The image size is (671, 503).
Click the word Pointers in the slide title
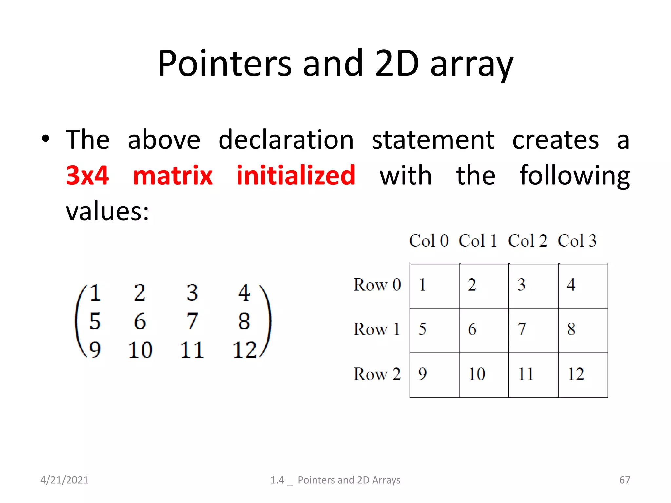tap(224, 64)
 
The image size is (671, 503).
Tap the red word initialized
tap(296, 176)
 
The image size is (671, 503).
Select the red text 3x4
tap(87, 176)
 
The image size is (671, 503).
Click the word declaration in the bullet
tap(286, 140)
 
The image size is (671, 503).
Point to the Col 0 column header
tap(429, 241)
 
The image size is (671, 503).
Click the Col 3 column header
tap(577, 241)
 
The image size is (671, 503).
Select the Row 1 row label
tap(377, 329)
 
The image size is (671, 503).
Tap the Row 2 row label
tap(377, 374)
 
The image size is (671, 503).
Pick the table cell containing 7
tap(533, 330)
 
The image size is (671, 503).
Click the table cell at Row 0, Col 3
tap(583, 286)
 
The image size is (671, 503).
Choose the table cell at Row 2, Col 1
tap(484, 375)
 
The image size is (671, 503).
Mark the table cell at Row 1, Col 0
tap(434, 330)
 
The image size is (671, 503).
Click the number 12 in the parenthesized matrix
tap(244, 350)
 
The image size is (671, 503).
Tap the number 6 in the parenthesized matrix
tap(140, 321)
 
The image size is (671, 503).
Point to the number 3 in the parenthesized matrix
tap(192, 292)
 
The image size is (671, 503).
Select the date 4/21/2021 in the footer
tap(64, 480)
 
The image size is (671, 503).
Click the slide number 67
tap(624, 480)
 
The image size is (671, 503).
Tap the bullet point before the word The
tap(46, 139)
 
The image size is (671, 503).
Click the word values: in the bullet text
tap(107, 211)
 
